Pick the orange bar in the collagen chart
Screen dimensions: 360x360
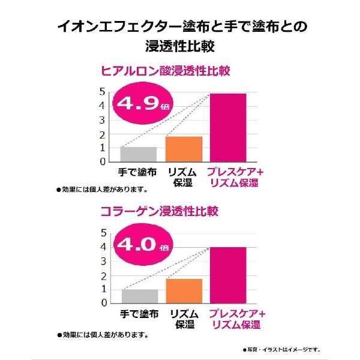tap(183, 291)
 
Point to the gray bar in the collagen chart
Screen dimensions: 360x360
tap(139, 296)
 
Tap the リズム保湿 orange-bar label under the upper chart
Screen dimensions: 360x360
tap(183, 176)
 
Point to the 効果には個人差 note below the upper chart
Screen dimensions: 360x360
tap(102, 189)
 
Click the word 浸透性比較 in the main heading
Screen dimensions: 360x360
tap(180, 45)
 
